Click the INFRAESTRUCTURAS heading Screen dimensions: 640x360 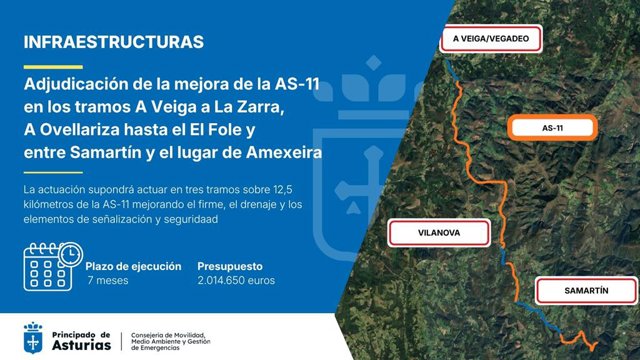click(113, 42)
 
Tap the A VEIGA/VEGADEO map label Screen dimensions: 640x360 click(491, 39)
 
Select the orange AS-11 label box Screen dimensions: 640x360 click(552, 128)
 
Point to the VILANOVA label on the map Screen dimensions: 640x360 click(439, 233)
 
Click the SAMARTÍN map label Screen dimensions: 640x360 click(586, 291)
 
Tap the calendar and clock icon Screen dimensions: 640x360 click(53, 267)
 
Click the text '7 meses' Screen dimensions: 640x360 click(108, 280)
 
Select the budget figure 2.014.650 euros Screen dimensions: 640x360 click(236, 280)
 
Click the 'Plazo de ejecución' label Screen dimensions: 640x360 click(133, 267)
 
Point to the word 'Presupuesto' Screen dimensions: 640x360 click(230, 267)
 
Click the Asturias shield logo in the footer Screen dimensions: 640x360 click(33, 338)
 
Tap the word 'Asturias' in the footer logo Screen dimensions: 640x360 click(81, 345)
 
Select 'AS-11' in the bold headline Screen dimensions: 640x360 click(297, 84)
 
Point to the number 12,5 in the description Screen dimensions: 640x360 click(283, 190)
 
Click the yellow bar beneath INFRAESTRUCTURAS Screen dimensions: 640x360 click(53, 67)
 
